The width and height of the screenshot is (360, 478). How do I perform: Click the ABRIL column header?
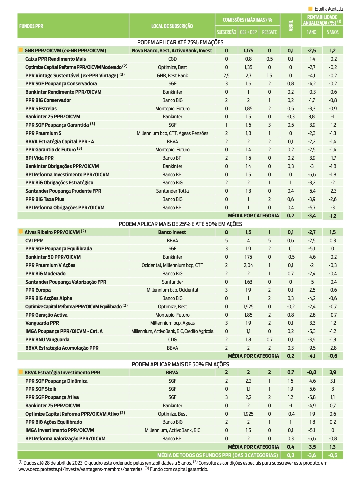pos(291,26)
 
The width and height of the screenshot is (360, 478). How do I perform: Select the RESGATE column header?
pos(269,32)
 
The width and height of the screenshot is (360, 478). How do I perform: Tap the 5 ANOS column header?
pos(332,32)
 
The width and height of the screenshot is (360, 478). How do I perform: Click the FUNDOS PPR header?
pos(31,26)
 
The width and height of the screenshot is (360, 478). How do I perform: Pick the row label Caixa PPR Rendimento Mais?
pos(55,59)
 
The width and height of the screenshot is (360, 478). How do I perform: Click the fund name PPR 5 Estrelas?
pos(41,109)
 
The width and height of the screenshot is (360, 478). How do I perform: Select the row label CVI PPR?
pos(34,241)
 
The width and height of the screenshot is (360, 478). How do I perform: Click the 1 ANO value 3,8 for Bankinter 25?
pos(311,117)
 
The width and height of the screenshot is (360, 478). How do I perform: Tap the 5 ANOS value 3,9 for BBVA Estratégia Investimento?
pos(333,372)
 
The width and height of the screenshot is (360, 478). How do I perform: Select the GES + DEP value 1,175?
pos(248,51)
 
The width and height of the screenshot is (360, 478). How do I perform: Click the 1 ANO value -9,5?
pos(311,348)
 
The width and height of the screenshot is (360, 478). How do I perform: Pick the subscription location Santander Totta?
pos(172,191)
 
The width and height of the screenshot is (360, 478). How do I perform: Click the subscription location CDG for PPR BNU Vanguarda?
pos(172,340)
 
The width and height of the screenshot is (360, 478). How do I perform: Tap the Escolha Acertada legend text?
pos(328,9)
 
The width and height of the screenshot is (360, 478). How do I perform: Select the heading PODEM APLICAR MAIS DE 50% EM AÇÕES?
pos(180,364)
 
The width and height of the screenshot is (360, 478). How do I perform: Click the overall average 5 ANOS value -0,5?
pos(333,455)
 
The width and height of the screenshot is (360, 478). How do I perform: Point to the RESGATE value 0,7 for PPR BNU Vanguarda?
pos(269,340)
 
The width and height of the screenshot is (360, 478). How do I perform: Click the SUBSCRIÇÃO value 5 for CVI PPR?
pos(226,241)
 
